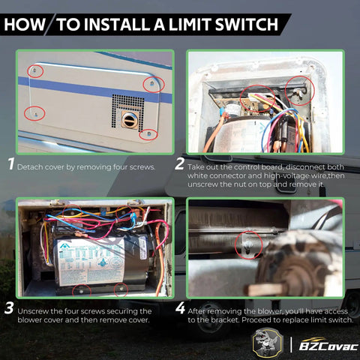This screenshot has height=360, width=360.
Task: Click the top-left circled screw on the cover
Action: [x=35, y=71]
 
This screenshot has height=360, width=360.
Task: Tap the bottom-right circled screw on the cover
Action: [x=148, y=133]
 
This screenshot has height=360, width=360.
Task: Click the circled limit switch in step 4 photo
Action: [x=248, y=243]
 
